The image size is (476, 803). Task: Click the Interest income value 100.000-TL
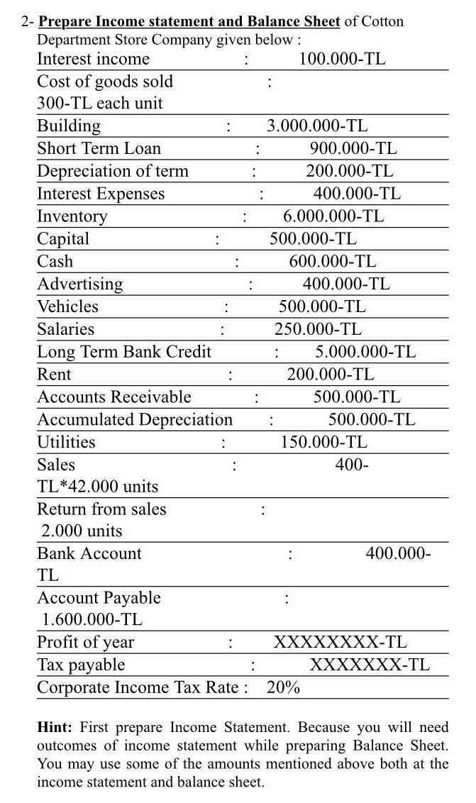click(x=342, y=59)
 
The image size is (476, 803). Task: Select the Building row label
click(x=69, y=126)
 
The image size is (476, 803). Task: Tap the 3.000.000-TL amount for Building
click(x=317, y=126)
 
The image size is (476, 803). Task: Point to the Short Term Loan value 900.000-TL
click(x=353, y=149)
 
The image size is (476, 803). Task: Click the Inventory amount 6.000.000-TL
click(x=333, y=216)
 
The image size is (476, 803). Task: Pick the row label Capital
click(x=63, y=239)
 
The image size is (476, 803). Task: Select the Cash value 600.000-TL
click(x=333, y=262)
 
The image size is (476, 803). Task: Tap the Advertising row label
click(x=79, y=284)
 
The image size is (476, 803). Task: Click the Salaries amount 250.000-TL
click(x=318, y=329)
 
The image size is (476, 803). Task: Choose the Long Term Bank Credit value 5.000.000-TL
click(x=365, y=352)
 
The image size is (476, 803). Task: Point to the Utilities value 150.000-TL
click(x=324, y=443)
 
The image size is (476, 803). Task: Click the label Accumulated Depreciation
click(x=135, y=420)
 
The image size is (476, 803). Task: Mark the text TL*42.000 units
click(x=97, y=487)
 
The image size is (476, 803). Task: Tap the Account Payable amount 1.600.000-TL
click(x=92, y=619)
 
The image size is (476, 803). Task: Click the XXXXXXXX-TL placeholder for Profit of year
click(x=341, y=643)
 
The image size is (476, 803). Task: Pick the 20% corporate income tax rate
click(x=283, y=687)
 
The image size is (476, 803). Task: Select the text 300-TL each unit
click(x=99, y=104)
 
